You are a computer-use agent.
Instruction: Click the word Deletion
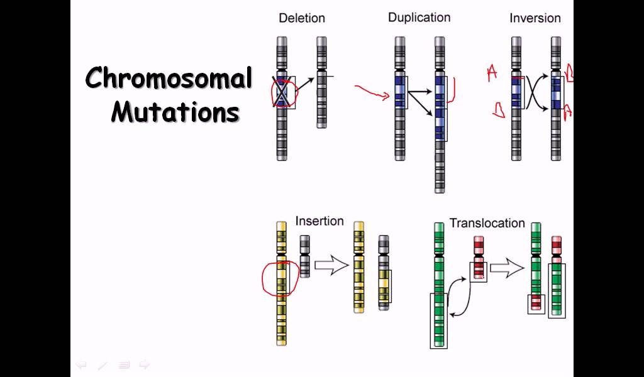(302, 18)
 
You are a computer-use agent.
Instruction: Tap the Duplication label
(419, 18)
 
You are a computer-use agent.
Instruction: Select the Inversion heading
(535, 18)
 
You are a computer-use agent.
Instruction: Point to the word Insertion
(319, 221)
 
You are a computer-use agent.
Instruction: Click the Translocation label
(487, 223)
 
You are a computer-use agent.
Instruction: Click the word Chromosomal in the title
(169, 79)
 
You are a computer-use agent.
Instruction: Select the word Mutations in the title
(175, 112)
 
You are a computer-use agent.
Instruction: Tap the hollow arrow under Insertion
(331, 266)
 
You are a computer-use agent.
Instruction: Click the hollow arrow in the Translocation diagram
(506, 269)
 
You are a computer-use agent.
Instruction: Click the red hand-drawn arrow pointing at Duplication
(372, 92)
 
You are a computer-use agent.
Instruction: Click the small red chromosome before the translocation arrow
(479, 258)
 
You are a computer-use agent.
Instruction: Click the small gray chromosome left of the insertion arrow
(304, 256)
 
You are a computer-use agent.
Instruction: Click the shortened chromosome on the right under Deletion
(321, 82)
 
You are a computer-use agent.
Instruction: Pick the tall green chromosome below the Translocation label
(439, 283)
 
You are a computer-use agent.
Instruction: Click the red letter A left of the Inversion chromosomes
(492, 74)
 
